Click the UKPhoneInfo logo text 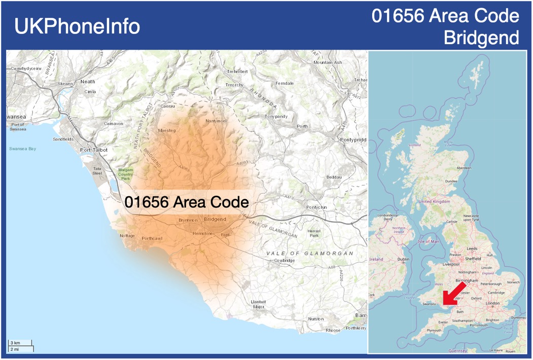[x=77, y=26]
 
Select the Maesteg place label [x=167, y=130]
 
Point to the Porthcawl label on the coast [x=153, y=238]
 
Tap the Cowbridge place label [x=285, y=260]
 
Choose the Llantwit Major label [x=258, y=304]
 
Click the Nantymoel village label [x=216, y=121]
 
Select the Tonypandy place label [x=276, y=116]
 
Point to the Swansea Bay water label [x=22, y=149]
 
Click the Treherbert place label [x=237, y=71]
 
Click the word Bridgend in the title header [x=481, y=38]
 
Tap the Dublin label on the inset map [x=404, y=259]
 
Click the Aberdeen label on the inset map [x=464, y=168]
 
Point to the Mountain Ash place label [x=328, y=62]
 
